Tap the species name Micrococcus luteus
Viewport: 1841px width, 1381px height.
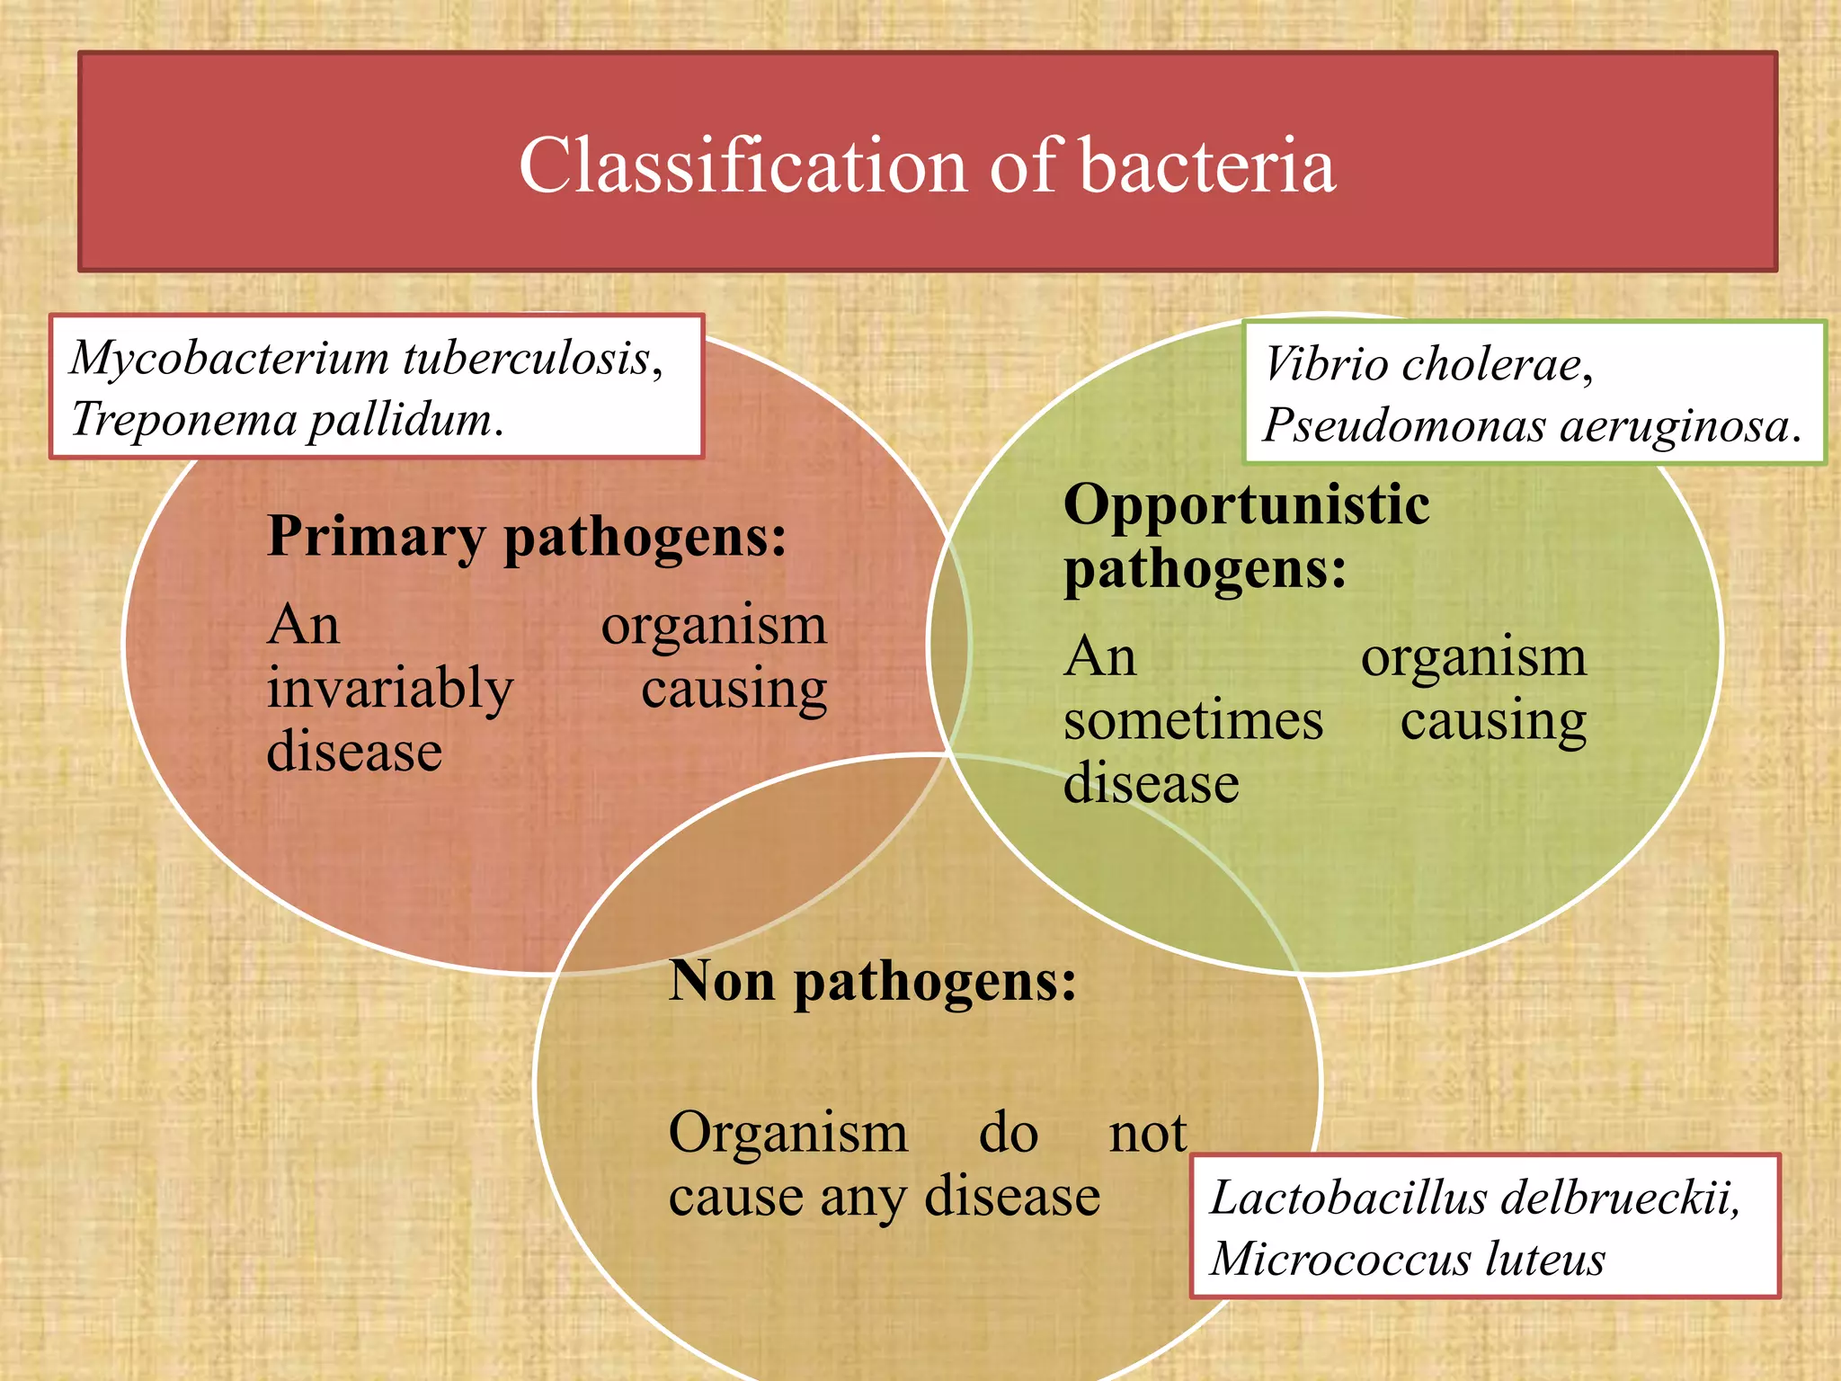[1407, 1259]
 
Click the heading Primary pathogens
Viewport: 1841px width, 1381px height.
[527, 537]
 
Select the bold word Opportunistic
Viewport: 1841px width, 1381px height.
[1246, 504]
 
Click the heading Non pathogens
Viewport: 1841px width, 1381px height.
[872, 981]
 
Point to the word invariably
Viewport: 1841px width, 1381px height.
[389, 690]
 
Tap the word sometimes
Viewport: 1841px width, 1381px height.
[1193, 721]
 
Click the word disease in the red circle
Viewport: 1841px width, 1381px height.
[354, 752]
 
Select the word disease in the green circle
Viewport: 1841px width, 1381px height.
[1151, 783]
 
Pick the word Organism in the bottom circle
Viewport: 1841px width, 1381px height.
[787, 1133]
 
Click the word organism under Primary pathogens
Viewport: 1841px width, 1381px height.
[714, 626]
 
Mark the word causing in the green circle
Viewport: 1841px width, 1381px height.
[1493, 721]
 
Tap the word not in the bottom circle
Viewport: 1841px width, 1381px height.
[1147, 1133]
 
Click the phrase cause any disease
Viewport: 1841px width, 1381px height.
[884, 1197]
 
